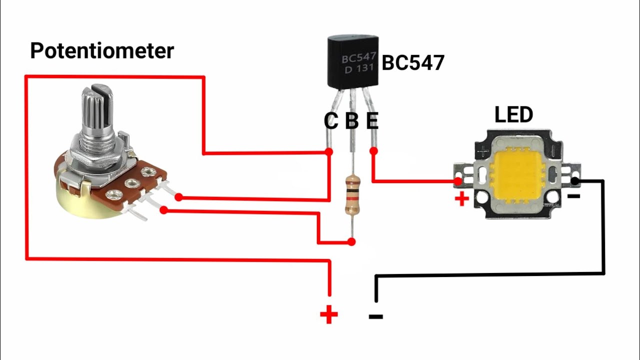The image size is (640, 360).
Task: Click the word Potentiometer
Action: (x=102, y=51)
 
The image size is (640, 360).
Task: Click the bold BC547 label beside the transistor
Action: (x=413, y=63)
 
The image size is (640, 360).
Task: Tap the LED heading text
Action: (x=513, y=115)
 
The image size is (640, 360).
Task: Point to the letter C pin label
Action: (x=331, y=121)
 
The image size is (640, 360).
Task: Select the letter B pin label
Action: (x=352, y=121)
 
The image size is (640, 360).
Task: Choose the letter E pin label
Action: (x=372, y=121)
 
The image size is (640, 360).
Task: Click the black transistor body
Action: (x=352, y=62)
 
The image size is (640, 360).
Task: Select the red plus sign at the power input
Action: (x=329, y=315)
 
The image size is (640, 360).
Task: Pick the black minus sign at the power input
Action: (x=375, y=316)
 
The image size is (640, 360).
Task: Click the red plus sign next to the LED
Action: (x=461, y=199)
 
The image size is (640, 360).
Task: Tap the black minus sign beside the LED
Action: (x=573, y=196)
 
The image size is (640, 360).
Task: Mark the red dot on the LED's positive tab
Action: (x=457, y=181)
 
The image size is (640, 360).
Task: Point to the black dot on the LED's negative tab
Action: (x=575, y=180)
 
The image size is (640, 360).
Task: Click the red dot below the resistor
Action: (x=351, y=242)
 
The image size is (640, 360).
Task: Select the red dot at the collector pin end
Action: (x=329, y=151)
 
